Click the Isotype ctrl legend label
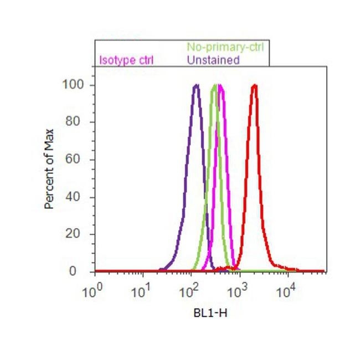point(126,60)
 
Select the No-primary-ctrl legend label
point(224,47)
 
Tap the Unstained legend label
point(213,60)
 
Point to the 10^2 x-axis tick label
point(191,292)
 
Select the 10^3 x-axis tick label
point(239,292)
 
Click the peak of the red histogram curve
point(254,85)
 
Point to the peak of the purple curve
point(196,85)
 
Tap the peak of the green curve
point(215,85)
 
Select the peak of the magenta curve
point(220,85)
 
